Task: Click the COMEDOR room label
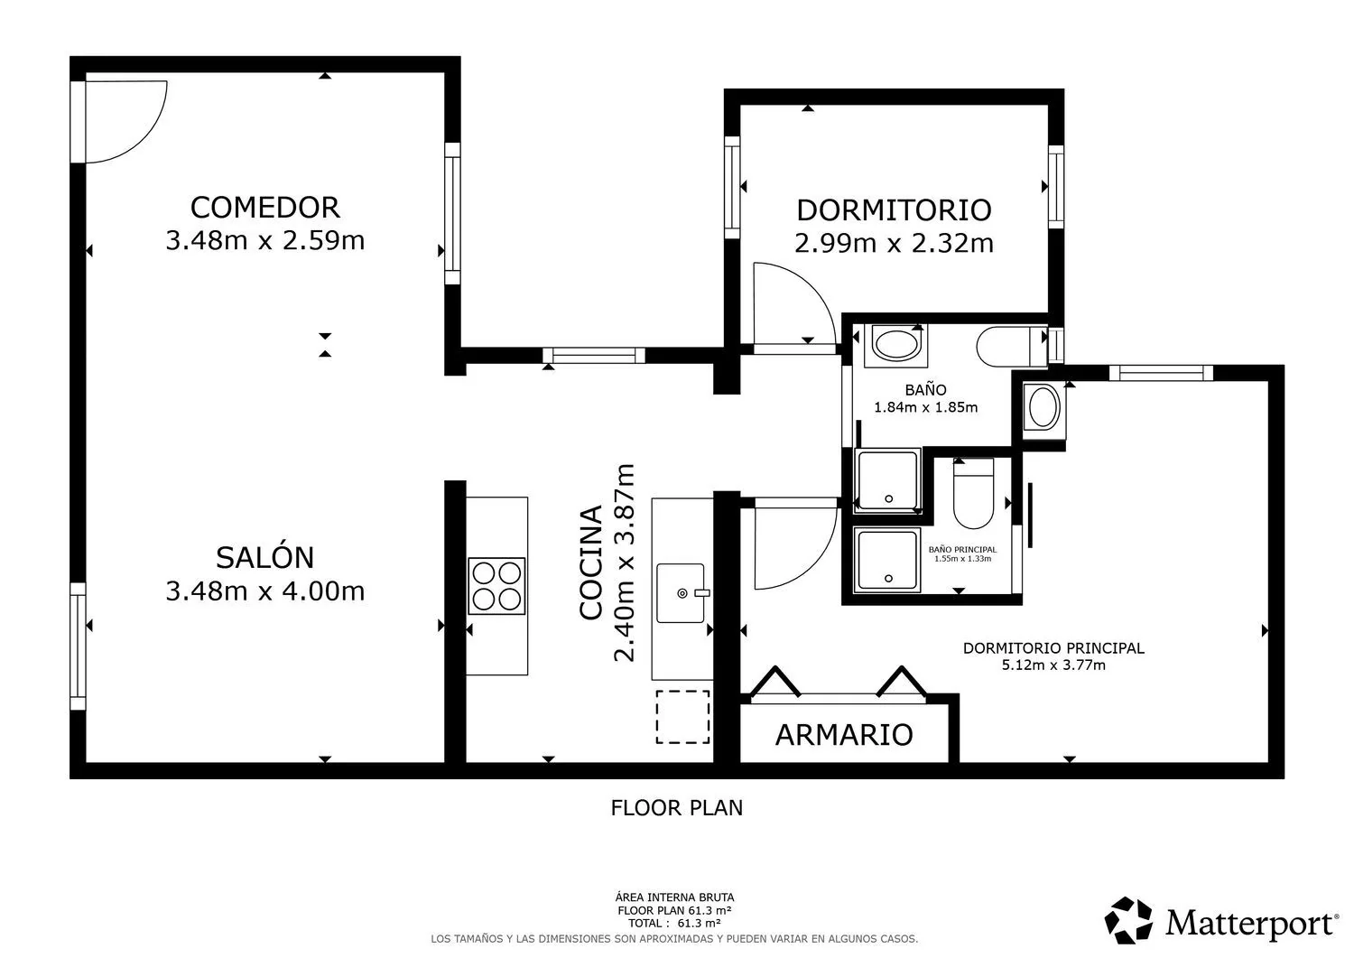(x=264, y=208)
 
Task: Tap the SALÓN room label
(x=264, y=557)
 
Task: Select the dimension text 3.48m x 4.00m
(x=265, y=591)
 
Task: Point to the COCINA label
(x=590, y=563)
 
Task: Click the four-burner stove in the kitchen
(x=496, y=586)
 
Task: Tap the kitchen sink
(x=682, y=592)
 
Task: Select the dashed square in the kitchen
(x=683, y=717)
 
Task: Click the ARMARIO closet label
(x=844, y=735)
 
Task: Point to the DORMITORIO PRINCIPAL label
(x=1053, y=648)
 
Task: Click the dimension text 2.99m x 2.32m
(x=894, y=243)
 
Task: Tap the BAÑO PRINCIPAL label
(x=963, y=549)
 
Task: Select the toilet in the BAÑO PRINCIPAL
(x=973, y=494)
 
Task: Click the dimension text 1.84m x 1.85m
(x=925, y=407)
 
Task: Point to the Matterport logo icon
(x=1128, y=920)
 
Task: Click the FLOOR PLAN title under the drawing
(x=676, y=808)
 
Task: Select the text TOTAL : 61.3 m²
(x=674, y=923)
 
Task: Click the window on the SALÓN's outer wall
(x=78, y=646)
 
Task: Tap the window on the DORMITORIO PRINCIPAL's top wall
(x=1161, y=373)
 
